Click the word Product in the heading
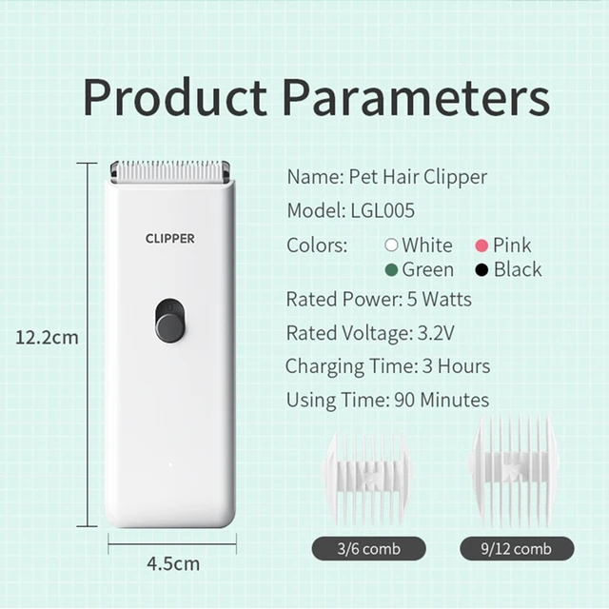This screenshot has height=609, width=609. (174, 97)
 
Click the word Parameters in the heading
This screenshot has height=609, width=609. (416, 97)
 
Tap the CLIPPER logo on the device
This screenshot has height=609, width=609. (169, 239)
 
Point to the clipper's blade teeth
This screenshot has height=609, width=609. (169, 171)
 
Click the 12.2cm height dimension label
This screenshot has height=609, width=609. (47, 338)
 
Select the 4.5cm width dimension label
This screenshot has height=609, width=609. (173, 564)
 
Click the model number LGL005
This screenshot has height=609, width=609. (383, 210)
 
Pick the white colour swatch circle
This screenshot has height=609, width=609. (391, 246)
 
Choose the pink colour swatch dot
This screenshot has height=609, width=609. (481, 246)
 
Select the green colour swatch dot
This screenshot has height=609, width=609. (391, 270)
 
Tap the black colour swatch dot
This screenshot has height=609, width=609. (481, 270)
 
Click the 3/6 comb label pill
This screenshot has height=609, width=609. (368, 548)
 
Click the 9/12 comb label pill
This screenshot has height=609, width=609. (517, 548)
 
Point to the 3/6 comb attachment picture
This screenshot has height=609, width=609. (367, 480)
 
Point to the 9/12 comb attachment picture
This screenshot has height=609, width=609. (514, 471)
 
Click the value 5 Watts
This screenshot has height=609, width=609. (440, 300)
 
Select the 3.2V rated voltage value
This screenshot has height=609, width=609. (436, 333)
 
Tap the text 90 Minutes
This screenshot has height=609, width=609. (442, 400)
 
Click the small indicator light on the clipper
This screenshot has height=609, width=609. (170, 464)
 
